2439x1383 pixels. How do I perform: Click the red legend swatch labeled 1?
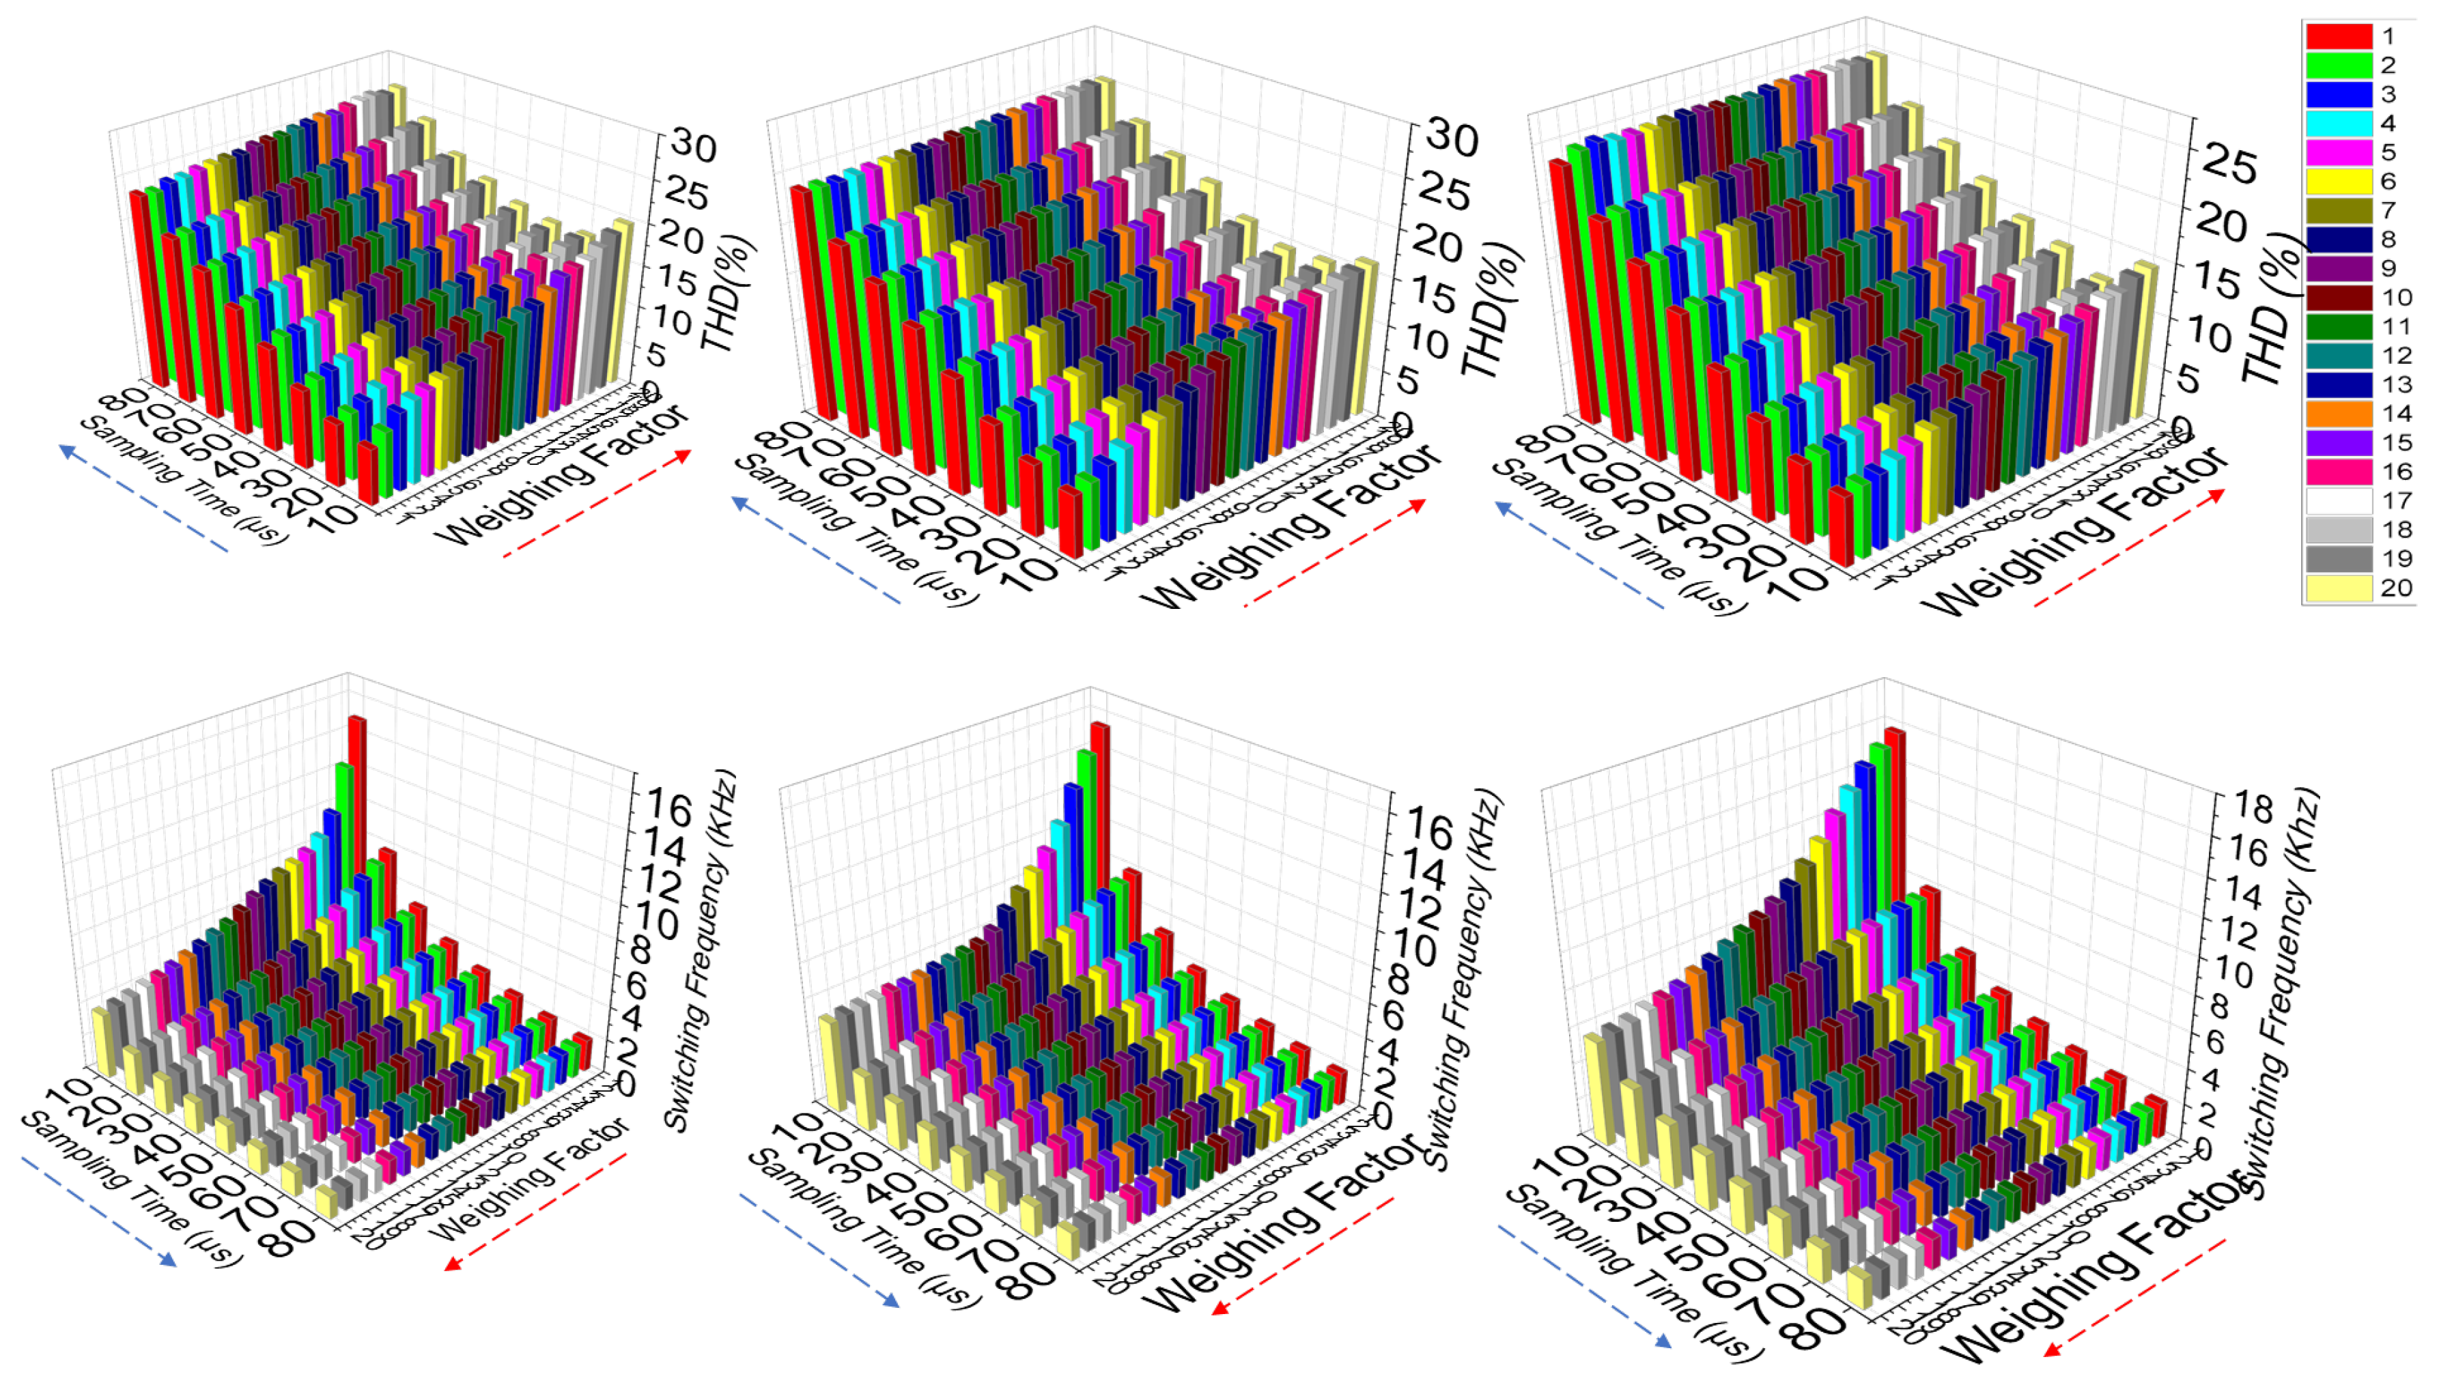tap(2339, 36)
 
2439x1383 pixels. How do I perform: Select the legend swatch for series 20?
tap(2339, 588)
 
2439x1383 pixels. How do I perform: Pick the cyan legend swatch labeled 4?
tap(2339, 124)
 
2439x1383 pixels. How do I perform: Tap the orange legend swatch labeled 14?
tap(2339, 413)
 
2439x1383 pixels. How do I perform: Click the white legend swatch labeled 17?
tap(2339, 500)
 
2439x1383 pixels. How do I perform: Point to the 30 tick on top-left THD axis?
tap(692, 145)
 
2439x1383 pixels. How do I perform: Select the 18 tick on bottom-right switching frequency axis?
tap(2252, 808)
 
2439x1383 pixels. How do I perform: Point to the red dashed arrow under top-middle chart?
tap(1335, 551)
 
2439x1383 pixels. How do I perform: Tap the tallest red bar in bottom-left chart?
tap(357, 798)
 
